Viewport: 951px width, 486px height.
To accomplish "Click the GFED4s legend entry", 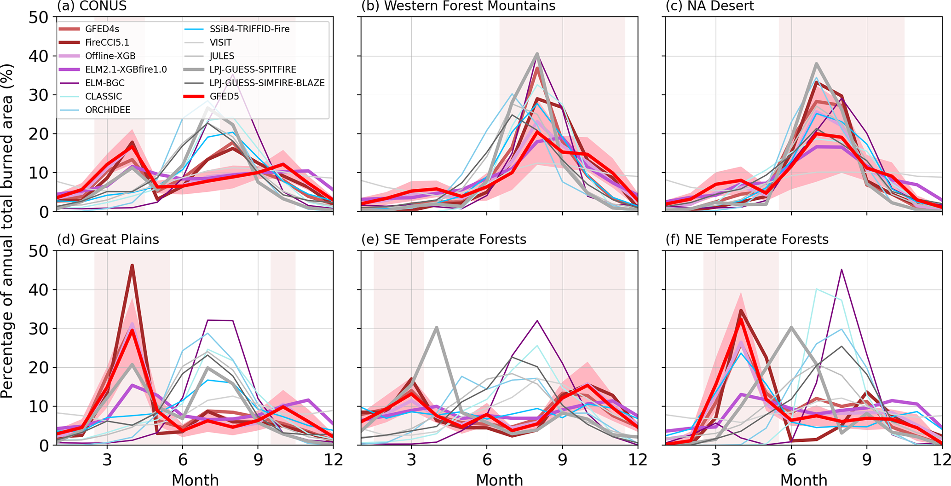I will click(102, 29).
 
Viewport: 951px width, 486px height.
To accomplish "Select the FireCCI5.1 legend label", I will click(107, 42).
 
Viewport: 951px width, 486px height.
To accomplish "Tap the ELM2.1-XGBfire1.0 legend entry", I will click(126, 69).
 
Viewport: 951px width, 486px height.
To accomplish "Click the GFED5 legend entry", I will click(224, 97).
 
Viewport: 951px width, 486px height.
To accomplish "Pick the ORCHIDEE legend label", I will click(108, 110).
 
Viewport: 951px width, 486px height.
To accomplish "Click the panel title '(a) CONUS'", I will click(92, 6).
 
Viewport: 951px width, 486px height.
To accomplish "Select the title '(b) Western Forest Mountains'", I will click(458, 6).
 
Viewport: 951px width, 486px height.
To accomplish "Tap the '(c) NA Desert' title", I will click(710, 6).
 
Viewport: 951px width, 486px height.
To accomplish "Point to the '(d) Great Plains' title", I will click(108, 239).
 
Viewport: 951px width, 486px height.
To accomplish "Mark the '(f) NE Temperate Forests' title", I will click(747, 239).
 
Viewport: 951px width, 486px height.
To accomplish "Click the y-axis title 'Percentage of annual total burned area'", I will click(7, 230).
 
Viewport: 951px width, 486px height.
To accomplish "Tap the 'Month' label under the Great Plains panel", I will click(195, 480).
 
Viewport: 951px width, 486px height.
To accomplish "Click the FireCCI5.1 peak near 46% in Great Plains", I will click(132, 265).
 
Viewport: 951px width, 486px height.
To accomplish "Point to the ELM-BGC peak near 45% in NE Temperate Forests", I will click(841, 269).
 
